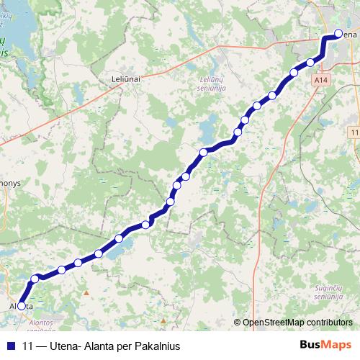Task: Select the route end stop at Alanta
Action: pyautogui.click(x=22, y=306)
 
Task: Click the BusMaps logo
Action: pyautogui.click(x=325, y=346)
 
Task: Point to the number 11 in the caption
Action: pyautogui.click(x=28, y=346)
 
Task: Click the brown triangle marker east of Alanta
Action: pyautogui.click(x=86, y=293)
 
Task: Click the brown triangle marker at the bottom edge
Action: pyautogui.click(x=163, y=320)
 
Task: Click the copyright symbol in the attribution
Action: pyautogui.click(x=238, y=323)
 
